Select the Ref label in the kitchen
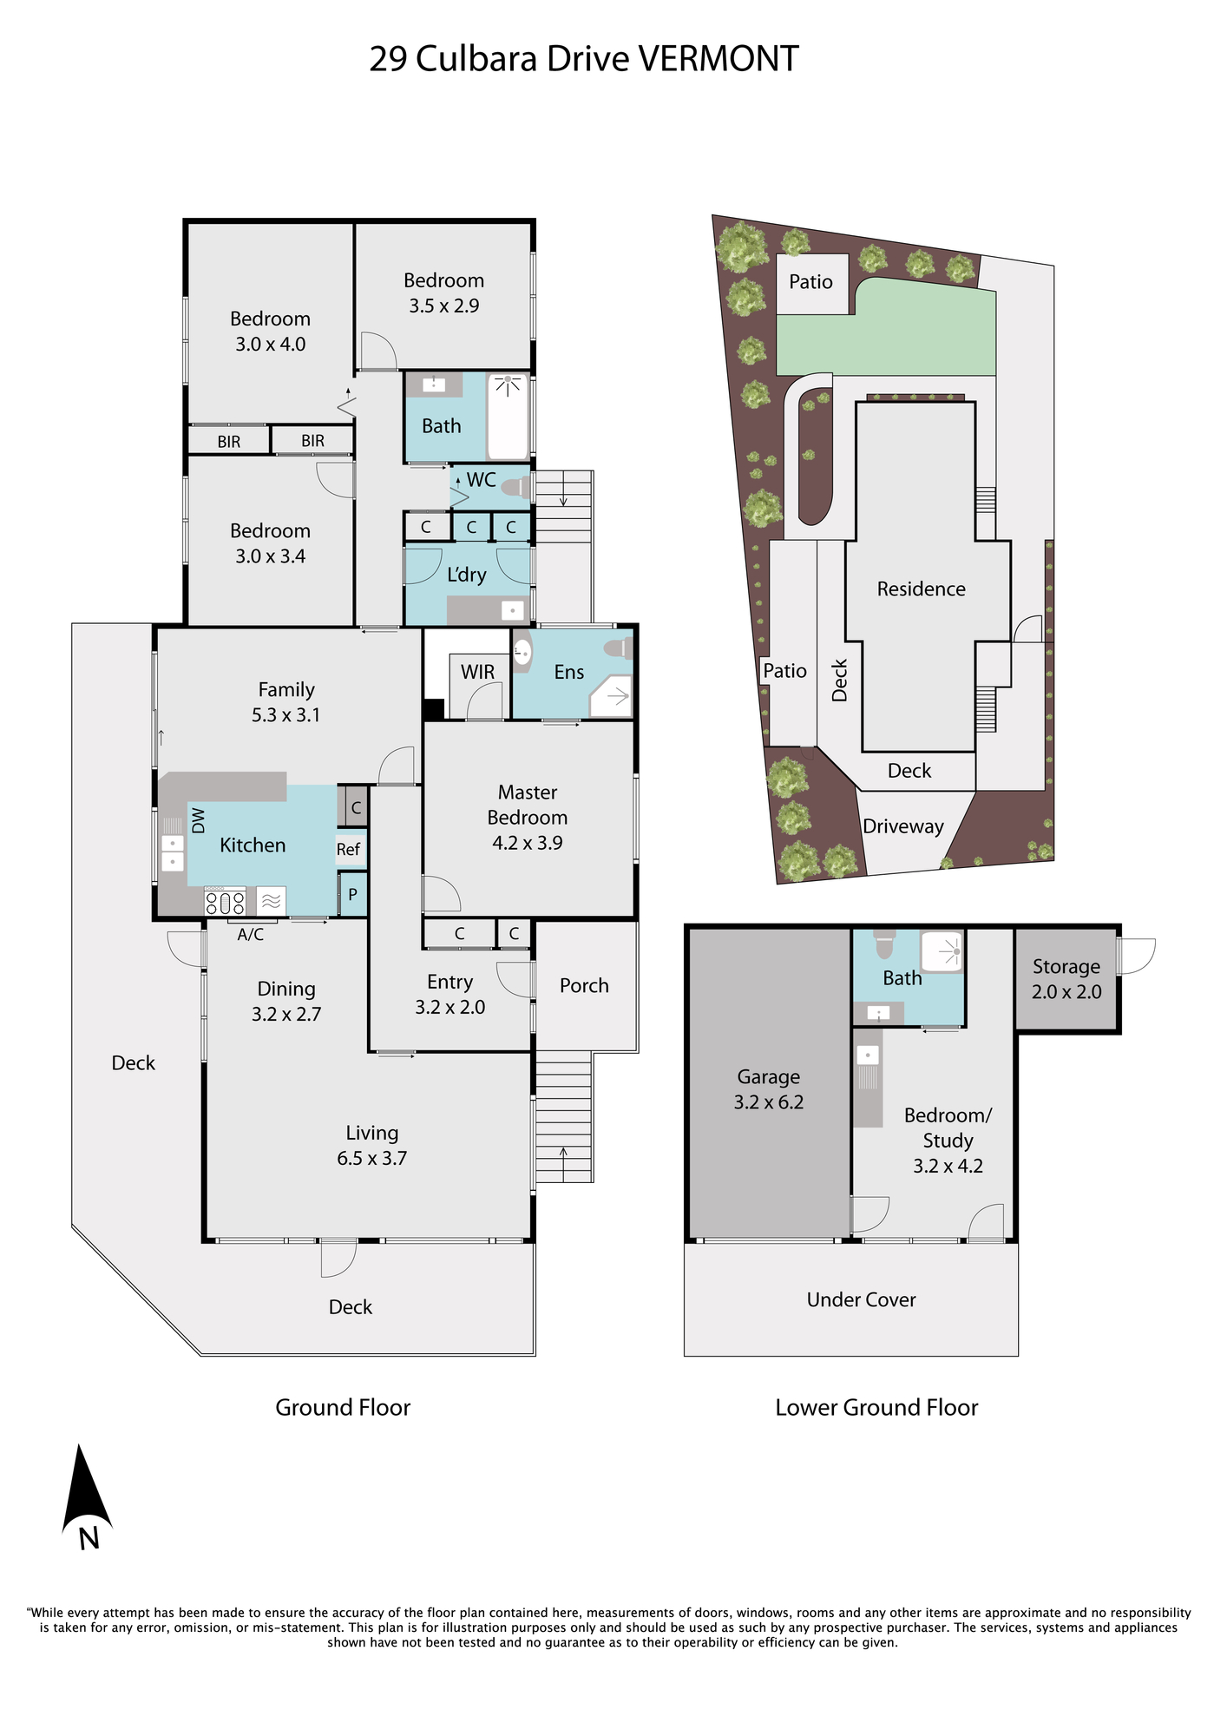coord(348,849)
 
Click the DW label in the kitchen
coord(198,820)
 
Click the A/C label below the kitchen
coord(251,934)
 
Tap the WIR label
coord(478,672)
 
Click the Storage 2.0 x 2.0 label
coord(1066,979)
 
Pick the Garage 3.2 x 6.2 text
coord(769,1089)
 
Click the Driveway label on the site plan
coord(903,826)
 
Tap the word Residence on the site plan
coord(921,589)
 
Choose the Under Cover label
coord(861,1299)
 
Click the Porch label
coord(584,985)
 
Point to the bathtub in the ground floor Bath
coord(509,417)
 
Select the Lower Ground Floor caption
coord(876,1407)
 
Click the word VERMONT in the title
coord(718,59)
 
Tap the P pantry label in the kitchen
coord(352,894)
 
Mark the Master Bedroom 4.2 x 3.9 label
coord(528,817)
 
